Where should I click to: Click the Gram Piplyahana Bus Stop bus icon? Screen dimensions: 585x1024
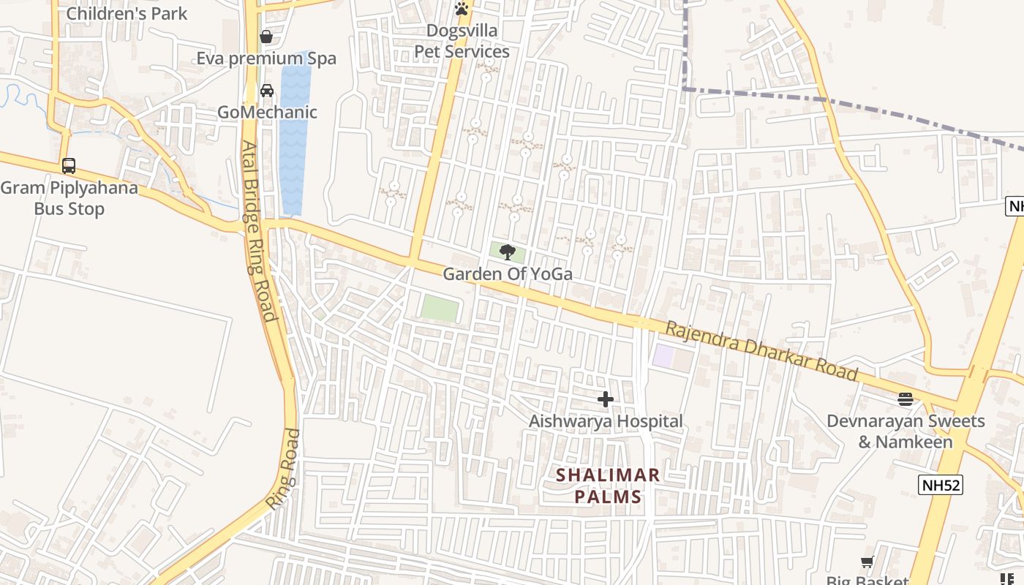(69, 166)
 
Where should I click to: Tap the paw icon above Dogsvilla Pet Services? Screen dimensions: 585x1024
(462, 9)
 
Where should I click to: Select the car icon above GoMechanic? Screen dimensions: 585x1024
(267, 91)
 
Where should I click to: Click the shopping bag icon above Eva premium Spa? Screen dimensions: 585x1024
(266, 37)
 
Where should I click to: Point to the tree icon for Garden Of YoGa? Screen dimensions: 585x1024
(507, 253)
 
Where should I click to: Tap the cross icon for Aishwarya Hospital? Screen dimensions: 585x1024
(606, 399)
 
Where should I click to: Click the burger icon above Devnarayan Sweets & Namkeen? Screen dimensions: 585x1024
(906, 399)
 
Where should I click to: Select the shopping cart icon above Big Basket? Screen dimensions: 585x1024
(867, 562)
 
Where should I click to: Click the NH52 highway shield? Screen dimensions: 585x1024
(941, 485)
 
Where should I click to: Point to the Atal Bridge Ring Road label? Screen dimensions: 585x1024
(260, 231)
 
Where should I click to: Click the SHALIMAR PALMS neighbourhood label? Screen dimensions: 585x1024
(608, 486)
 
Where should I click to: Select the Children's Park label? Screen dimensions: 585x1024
(127, 13)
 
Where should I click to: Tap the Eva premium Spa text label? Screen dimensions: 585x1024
(266, 58)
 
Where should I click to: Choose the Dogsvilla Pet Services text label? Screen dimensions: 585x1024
(462, 42)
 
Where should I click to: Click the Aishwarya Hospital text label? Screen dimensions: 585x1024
(606, 421)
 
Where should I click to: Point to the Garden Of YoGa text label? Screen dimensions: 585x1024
(507, 274)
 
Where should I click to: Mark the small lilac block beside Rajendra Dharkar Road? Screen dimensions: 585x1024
(663, 356)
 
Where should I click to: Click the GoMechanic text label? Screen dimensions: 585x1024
(267, 112)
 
